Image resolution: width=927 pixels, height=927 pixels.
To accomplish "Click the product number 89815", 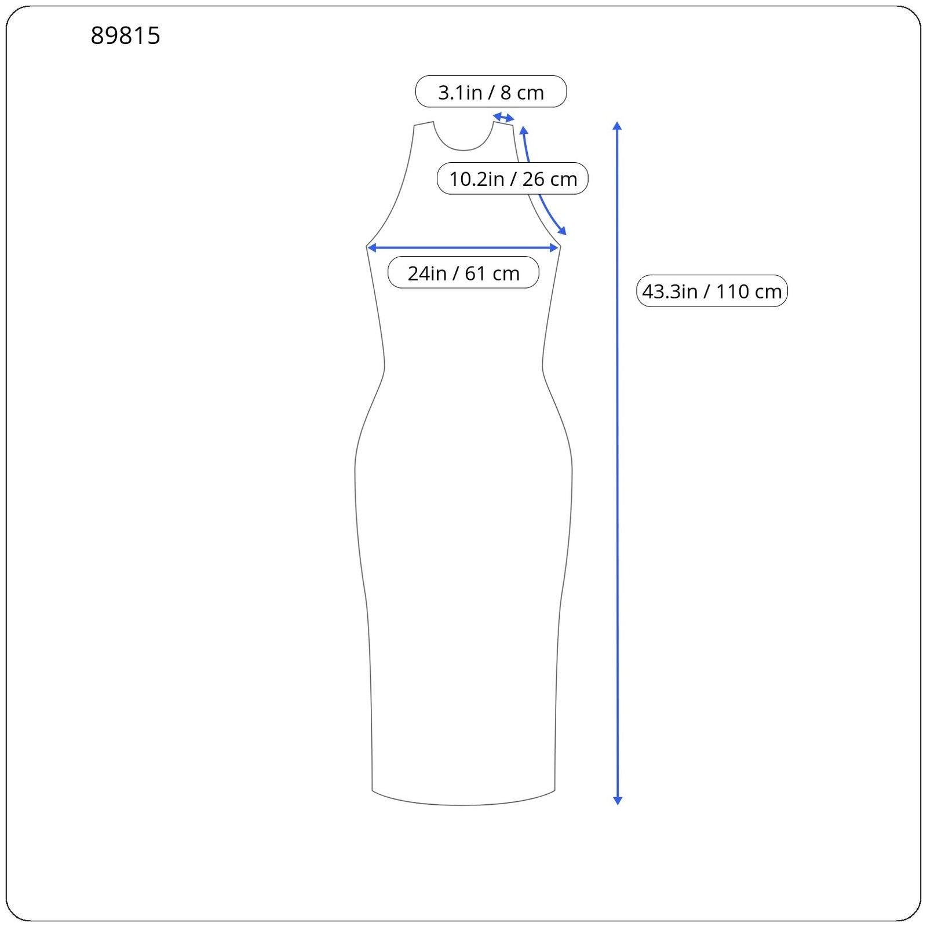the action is click(x=125, y=35).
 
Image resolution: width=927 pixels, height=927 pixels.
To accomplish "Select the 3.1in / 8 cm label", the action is click(x=491, y=92).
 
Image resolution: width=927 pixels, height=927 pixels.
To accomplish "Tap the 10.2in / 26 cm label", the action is click(x=513, y=178).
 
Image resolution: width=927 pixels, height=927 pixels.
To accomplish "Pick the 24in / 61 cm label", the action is click(x=463, y=272).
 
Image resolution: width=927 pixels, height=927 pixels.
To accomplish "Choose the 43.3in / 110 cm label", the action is click(x=712, y=291).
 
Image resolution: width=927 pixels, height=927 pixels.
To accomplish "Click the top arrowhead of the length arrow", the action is click(x=618, y=126).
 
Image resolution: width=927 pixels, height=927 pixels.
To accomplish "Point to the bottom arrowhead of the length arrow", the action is click(x=618, y=800).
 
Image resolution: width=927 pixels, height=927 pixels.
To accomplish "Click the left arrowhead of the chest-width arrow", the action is click(x=372, y=248).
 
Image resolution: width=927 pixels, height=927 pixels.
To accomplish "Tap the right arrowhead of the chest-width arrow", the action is click(x=554, y=248).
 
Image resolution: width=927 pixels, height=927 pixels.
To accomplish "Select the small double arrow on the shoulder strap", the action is click(x=503, y=118).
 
